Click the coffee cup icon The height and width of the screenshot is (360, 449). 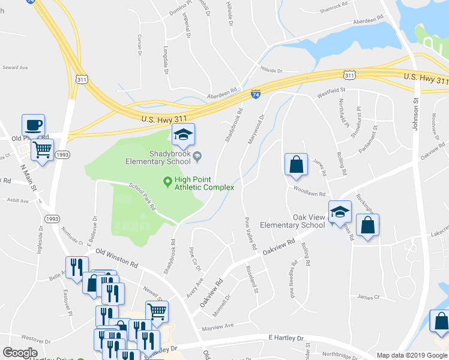34,125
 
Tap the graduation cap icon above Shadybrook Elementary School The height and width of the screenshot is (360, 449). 184,136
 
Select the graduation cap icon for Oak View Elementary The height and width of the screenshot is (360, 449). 340,212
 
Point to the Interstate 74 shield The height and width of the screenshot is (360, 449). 255,94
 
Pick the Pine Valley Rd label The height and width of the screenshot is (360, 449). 250,235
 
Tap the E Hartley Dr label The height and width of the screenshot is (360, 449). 286,338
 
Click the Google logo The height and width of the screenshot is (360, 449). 20,353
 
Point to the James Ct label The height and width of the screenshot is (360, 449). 369,296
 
